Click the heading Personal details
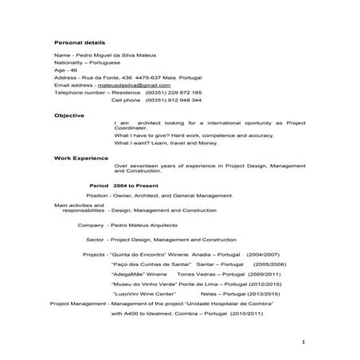click(x=79, y=41)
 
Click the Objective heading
click(x=69, y=115)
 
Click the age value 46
click(x=72, y=69)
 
